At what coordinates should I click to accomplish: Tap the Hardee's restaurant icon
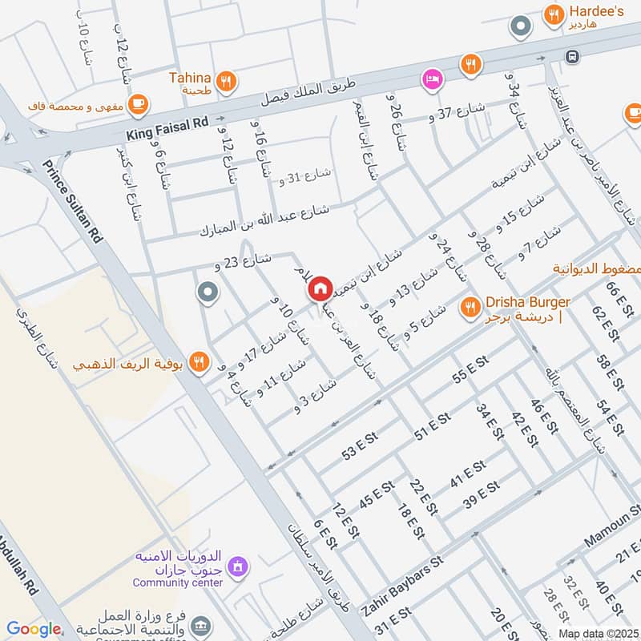(552, 14)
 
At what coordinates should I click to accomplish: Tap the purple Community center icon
(236, 568)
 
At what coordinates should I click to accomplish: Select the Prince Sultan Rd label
(74, 202)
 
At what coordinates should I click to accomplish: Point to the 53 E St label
(360, 445)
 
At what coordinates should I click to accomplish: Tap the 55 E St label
(470, 373)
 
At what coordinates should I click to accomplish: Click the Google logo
(34, 629)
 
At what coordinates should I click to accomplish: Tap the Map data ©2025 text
(598, 633)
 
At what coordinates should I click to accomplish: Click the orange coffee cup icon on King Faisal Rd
(138, 103)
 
